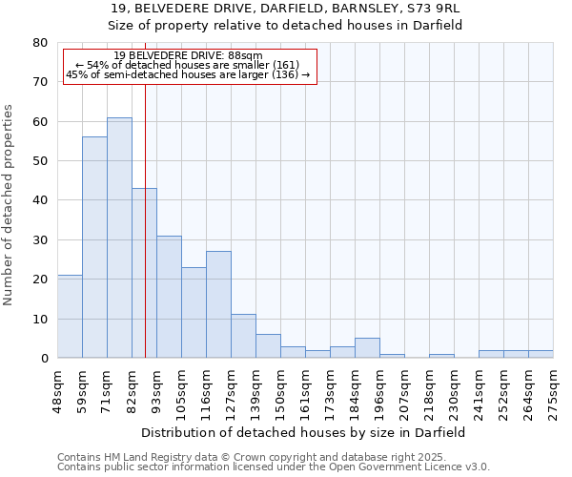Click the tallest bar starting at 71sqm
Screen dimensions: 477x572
click(x=119, y=238)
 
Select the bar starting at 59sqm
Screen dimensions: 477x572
click(x=94, y=247)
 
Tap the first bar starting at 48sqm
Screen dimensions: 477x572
click(x=70, y=316)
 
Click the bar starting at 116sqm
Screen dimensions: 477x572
click(x=218, y=304)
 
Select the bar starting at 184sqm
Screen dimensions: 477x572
click(x=367, y=348)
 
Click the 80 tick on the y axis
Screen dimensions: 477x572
click(x=39, y=43)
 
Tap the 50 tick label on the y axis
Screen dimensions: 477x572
click(x=39, y=161)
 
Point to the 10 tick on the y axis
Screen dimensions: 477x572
click(x=39, y=319)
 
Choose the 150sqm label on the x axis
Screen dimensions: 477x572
click(x=280, y=391)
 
